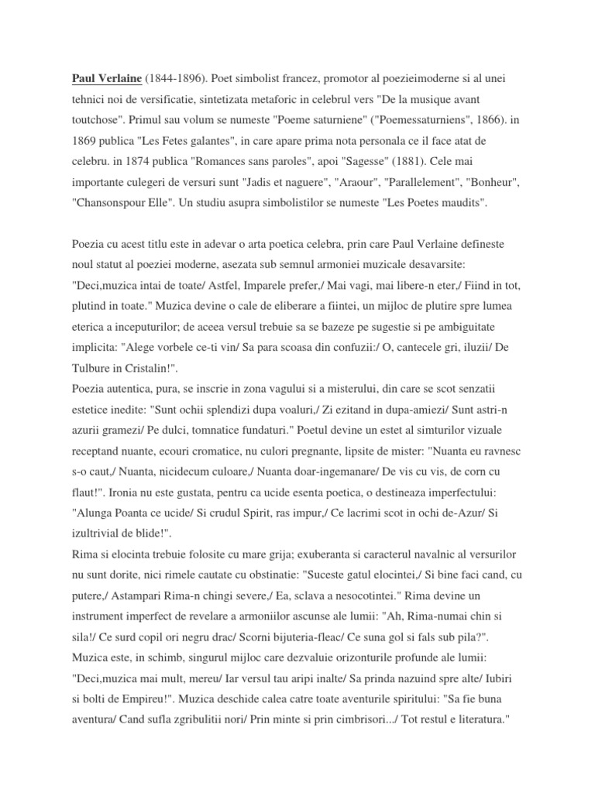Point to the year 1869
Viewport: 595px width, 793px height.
(84, 141)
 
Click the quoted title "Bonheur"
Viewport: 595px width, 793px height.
(493, 182)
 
